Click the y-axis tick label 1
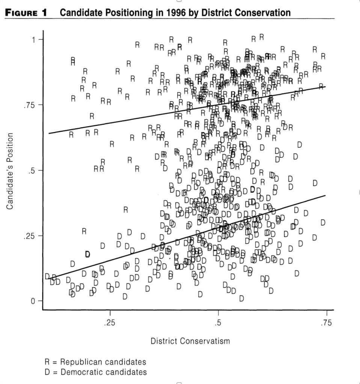point(33,39)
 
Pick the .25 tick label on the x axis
point(110,324)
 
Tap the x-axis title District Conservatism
point(190,341)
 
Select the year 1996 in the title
point(170,13)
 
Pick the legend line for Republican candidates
point(95,362)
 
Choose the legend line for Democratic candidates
point(96,372)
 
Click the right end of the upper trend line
point(325,87)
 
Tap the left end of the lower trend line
point(49,278)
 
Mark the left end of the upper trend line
point(49,133)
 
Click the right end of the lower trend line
point(325,195)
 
